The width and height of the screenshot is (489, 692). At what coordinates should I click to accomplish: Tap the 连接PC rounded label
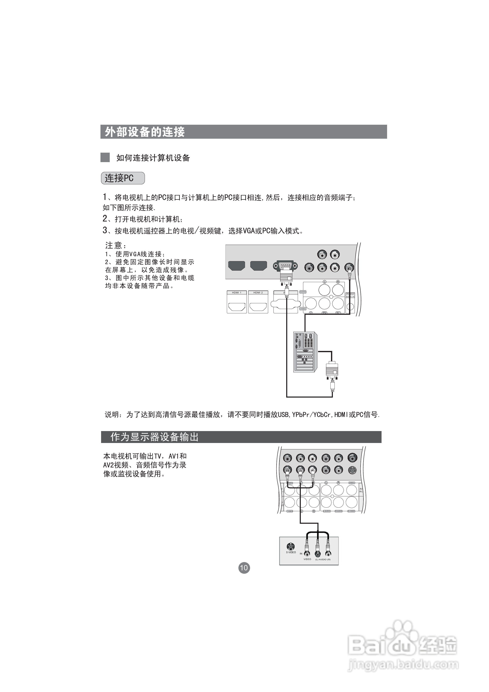pos(123,178)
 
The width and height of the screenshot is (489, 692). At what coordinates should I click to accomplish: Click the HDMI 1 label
pos(237,293)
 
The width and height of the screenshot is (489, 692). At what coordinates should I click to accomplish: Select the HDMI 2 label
pos(258,293)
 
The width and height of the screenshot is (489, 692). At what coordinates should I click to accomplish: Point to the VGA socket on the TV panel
pos(285,266)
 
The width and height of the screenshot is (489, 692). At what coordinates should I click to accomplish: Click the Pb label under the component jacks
pos(324,313)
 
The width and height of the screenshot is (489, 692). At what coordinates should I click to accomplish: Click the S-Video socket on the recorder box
pos(291,546)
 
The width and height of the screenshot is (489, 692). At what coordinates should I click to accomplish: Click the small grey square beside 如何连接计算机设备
pos(105,158)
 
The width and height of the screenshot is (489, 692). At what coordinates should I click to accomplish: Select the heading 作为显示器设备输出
pos(154,437)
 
